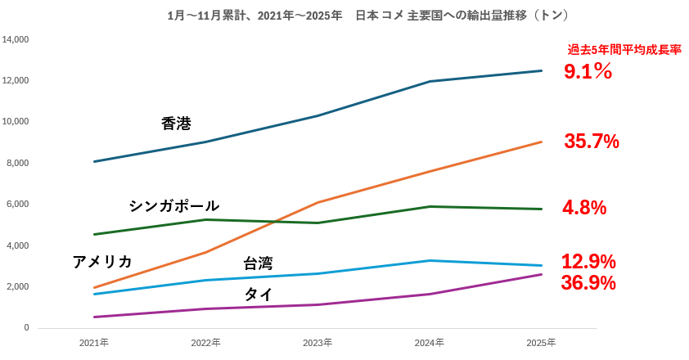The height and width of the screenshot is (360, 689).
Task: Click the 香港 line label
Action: click(176, 124)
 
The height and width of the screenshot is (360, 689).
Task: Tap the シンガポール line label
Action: click(173, 205)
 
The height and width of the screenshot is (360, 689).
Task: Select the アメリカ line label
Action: click(102, 262)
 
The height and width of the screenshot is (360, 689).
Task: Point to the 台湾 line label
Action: click(258, 263)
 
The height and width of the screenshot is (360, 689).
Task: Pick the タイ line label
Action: click(259, 294)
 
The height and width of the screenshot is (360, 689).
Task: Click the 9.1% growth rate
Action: click(588, 72)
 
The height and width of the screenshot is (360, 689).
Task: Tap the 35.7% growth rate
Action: click(591, 142)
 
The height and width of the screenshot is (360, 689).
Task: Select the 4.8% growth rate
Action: click(584, 208)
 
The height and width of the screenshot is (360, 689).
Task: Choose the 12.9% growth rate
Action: click(588, 262)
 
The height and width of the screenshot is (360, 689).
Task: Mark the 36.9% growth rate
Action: click(588, 283)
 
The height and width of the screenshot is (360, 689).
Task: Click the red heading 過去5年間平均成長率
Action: click(624, 50)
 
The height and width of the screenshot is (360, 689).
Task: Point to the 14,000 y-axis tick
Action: click(16, 39)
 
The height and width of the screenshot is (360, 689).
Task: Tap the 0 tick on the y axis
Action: click(26, 327)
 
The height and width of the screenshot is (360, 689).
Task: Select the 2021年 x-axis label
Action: click(94, 342)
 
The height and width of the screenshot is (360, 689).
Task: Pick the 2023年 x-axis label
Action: click(317, 342)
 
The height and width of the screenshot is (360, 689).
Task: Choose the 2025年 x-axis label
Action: click(541, 342)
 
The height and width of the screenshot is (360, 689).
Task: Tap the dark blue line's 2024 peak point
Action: click(430, 81)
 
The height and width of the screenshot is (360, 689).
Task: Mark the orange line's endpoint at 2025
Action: click(541, 142)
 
